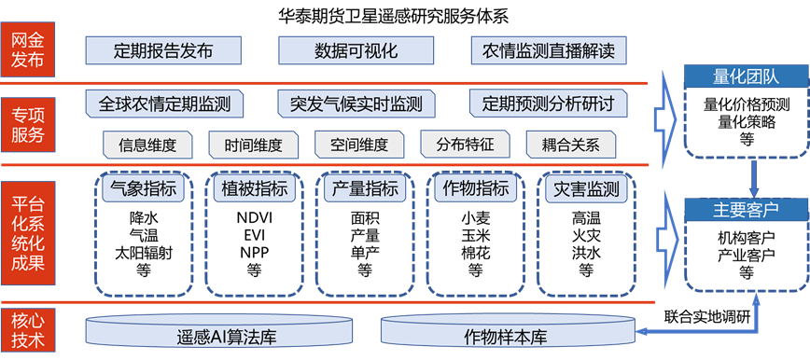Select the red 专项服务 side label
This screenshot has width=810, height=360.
coord(27,123)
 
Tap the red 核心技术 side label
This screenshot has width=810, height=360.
coord(27,329)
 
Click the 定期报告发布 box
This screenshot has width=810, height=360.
coord(162,50)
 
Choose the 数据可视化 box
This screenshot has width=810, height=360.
coord(356,50)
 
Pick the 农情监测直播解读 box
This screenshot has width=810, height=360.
coord(549,50)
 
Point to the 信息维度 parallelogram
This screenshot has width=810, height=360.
coord(148,145)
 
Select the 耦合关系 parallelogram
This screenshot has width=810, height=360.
coord(570,145)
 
